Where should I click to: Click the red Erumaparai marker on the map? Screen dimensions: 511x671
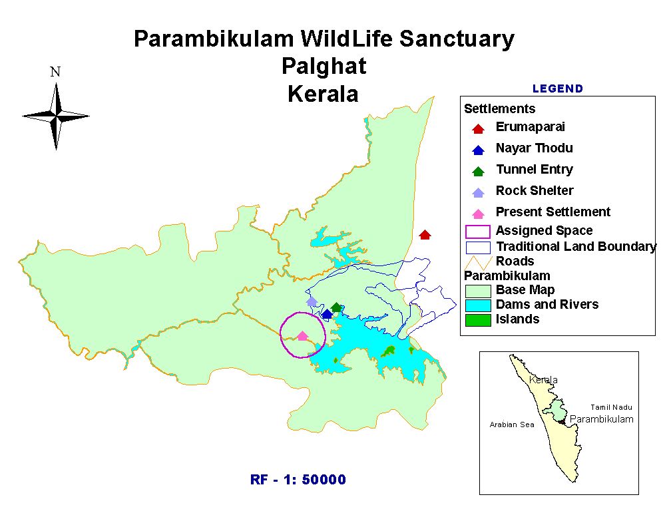point(425,234)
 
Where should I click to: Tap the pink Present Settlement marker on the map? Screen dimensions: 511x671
point(302,336)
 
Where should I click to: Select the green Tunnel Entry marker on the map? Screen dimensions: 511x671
point(337,307)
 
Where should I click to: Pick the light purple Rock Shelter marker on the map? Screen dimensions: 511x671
point(312,301)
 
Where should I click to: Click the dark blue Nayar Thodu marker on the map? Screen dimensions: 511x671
point(327,313)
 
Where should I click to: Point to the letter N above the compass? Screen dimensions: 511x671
point(55,72)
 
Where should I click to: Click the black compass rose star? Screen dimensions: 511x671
point(56,116)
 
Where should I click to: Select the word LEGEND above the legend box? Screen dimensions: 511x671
point(558,88)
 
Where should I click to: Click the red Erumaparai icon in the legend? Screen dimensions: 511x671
point(478,128)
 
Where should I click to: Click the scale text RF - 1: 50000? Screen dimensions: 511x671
point(298,480)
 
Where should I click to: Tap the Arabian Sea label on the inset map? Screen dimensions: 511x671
point(512,425)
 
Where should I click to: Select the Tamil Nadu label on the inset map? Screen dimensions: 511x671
point(611,407)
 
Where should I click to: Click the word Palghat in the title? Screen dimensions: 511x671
point(324,67)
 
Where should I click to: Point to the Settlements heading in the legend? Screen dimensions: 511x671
point(499,108)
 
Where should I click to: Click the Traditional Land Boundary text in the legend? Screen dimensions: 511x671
point(576,247)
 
